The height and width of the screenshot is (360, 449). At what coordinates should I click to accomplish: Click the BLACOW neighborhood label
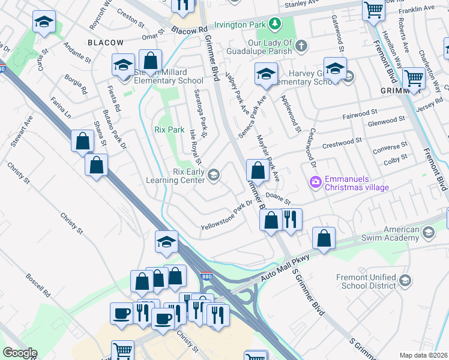pyautogui.click(x=105, y=43)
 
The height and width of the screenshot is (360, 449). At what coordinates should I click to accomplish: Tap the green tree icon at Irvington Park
pyautogui.click(x=274, y=23)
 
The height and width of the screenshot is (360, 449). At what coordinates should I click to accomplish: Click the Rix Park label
pyautogui.click(x=169, y=130)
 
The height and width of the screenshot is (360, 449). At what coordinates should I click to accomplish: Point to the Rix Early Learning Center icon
pyautogui.click(x=214, y=175)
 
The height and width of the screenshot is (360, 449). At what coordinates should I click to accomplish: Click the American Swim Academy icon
pyautogui.click(x=428, y=232)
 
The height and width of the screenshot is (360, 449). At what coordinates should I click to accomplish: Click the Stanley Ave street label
pyautogui.click(x=303, y=4)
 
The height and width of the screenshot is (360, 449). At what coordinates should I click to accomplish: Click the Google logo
pyautogui.click(x=20, y=353)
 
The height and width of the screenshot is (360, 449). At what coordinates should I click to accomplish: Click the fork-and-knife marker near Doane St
pyautogui.click(x=291, y=220)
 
